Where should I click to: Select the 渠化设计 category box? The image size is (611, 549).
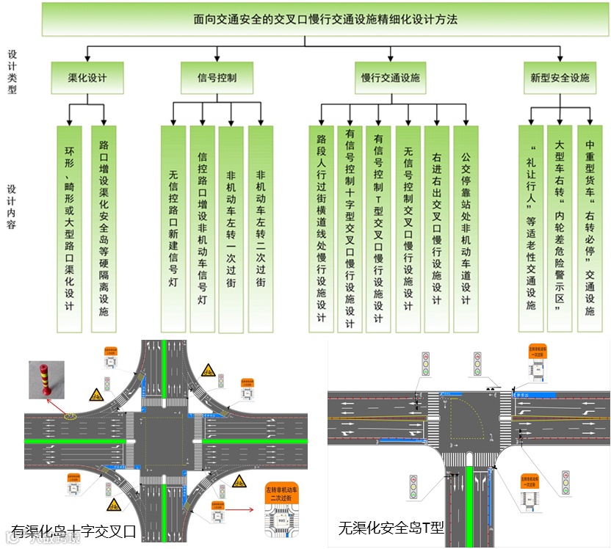(x=87, y=77)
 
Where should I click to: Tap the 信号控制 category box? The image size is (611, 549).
(x=217, y=77)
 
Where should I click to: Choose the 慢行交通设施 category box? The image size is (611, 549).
(x=390, y=77)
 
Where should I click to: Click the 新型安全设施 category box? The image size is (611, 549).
(x=560, y=77)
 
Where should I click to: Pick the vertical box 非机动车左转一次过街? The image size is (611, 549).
(x=231, y=228)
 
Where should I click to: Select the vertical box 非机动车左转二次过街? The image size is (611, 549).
(x=260, y=228)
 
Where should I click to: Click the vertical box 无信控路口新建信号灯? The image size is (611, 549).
(x=173, y=228)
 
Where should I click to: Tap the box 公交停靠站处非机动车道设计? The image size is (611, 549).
(x=466, y=228)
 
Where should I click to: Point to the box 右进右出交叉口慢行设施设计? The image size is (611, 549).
(x=437, y=228)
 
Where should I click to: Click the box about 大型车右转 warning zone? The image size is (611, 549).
(x=560, y=228)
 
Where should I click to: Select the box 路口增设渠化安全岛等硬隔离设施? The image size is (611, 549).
(x=104, y=228)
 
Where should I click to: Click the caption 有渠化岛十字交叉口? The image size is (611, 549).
(x=73, y=531)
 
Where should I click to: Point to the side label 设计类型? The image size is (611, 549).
(x=12, y=72)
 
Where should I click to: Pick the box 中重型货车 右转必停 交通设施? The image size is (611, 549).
(x=589, y=228)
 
